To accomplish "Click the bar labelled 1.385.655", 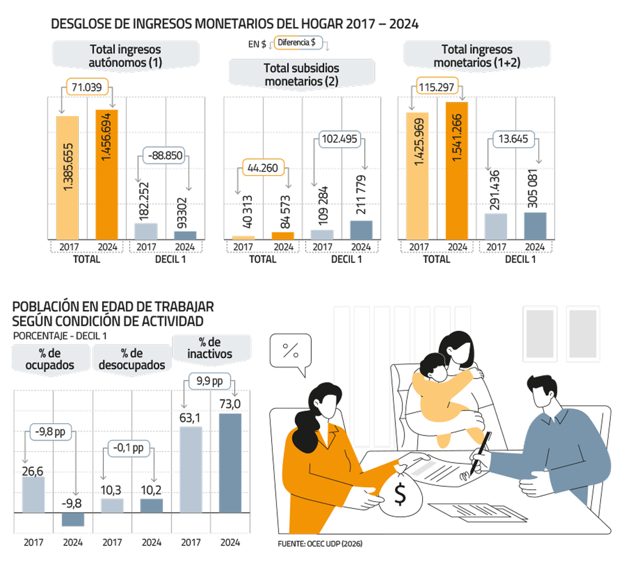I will tap(68, 177).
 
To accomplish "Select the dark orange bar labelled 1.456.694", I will tap(106, 174).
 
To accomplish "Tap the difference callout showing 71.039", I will tap(87, 87).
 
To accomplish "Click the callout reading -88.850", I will tap(165, 155).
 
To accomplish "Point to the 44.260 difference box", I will tap(263, 168).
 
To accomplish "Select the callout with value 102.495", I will tap(340, 139).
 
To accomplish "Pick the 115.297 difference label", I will tap(437, 87).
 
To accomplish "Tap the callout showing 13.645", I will tap(513, 139).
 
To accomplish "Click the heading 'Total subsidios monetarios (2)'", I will tap(302, 75).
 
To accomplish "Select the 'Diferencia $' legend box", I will tap(296, 43).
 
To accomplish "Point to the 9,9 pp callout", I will tap(210, 381).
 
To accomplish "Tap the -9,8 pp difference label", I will tap(51, 432).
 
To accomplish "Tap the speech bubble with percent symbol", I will tap(291, 351).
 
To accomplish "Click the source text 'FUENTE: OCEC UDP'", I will tap(320, 543).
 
